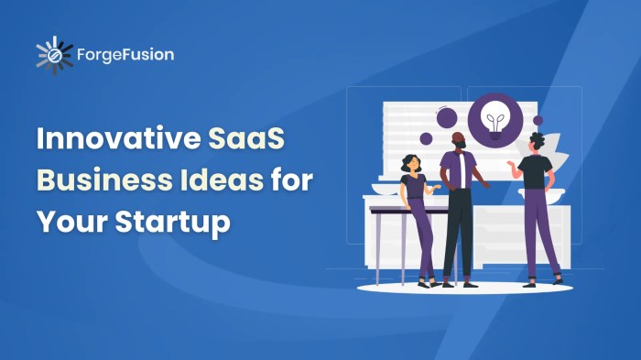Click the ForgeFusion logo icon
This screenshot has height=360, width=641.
54,55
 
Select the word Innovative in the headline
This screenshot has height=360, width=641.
114,140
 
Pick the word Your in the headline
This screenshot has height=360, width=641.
67,221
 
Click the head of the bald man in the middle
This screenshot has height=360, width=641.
458,140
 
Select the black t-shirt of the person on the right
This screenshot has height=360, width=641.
534,172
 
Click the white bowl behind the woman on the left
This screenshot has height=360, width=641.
385,188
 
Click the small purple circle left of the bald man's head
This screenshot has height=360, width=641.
426,138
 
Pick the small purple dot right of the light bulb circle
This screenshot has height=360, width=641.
538,120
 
